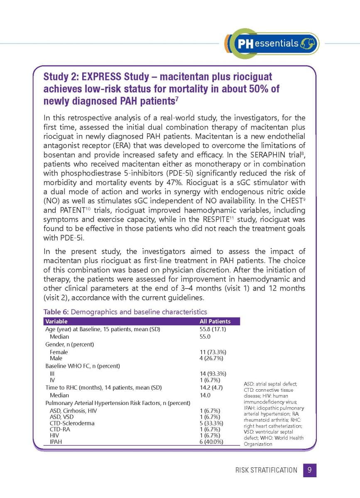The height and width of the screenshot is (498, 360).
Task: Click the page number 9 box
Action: (x=310, y=470)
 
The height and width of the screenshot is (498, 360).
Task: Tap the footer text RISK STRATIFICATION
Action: (x=266, y=470)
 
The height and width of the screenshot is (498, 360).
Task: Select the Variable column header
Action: (x=56, y=321)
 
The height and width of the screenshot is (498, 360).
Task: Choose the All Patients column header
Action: (x=215, y=321)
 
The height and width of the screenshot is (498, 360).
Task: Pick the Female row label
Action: (x=59, y=352)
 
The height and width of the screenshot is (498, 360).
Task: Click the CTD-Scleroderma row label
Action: (x=72, y=423)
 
